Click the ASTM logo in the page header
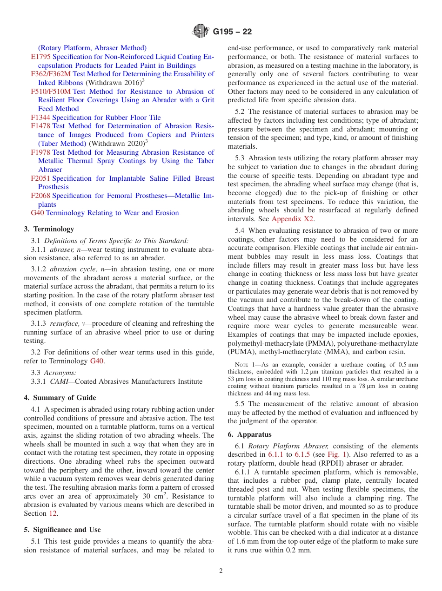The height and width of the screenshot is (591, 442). pos(201,32)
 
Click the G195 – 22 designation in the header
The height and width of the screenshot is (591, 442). pos(232,32)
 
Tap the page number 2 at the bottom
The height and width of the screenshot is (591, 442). pos(221,571)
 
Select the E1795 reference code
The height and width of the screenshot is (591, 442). pos(40,57)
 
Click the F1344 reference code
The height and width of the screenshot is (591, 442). pos(40,118)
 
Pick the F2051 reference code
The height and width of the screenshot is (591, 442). pos(40,178)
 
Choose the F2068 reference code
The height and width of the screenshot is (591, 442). pos(40,196)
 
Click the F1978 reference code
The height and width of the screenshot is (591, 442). pos(40,152)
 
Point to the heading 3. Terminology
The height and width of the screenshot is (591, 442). pos(49,229)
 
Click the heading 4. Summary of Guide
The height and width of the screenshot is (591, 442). pos(60,398)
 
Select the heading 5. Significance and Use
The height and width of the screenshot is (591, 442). pos(62,530)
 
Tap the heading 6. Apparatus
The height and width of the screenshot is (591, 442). pos(249,434)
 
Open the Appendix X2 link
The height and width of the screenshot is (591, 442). pos(292,219)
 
